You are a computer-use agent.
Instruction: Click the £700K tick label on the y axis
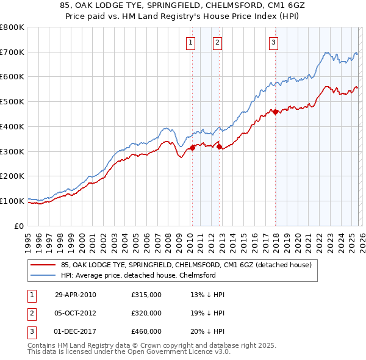pyautogui.click(x=12, y=52)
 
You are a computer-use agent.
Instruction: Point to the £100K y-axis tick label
pyautogui.click(x=12, y=201)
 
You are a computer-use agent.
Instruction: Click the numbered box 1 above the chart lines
pyautogui.click(x=191, y=42)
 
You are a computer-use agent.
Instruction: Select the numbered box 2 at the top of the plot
pyautogui.click(x=217, y=42)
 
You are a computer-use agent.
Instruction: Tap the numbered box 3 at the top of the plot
pyautogui.click(x=273, y=42)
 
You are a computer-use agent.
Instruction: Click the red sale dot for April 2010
pyautogui.click(x=192, y=147)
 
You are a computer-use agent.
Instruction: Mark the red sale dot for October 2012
pyautogui.click(x=218, y=146)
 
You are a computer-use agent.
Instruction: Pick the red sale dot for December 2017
pyautogui.click(x=275, y=112)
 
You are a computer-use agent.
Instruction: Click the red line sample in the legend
pyautogui.click(x=43, y=265)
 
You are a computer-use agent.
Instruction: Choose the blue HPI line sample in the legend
pyautogui.click(x=43, y=275)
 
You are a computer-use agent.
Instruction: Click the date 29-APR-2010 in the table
pyautogui.click(x=76, y=295)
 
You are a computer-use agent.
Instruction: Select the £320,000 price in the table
pyautogui.click(x=146, y=312)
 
